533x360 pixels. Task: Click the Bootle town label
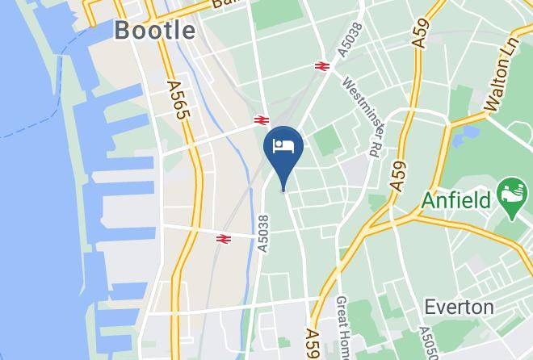click(x=155, y=31)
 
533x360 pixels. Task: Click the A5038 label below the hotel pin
click(x=262, y=232)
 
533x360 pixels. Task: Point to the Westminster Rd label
click(x=360, y=116)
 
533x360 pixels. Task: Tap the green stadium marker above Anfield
click(x=512, y=191)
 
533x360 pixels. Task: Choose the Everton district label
click(x=460, y=308)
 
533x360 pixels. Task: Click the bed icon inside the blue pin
click(x=283, y=146)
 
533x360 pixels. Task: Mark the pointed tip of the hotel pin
click(x=283, y=190)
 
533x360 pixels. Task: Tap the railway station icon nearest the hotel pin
click(x=260, y=119)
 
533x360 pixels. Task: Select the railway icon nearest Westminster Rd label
click(x=322, y=67)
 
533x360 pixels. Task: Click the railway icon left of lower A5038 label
click(x=224, y=238)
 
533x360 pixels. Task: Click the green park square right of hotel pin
click(x=327, y=142)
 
